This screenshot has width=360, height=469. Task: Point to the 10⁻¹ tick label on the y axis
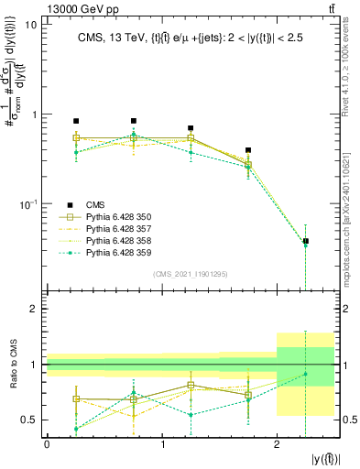[x=27, y=202]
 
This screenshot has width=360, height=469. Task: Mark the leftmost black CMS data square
[x=76, y=121]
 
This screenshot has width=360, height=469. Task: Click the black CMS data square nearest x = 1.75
[x=248, y=150]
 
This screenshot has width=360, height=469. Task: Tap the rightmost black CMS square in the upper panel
[x=306, y=241]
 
